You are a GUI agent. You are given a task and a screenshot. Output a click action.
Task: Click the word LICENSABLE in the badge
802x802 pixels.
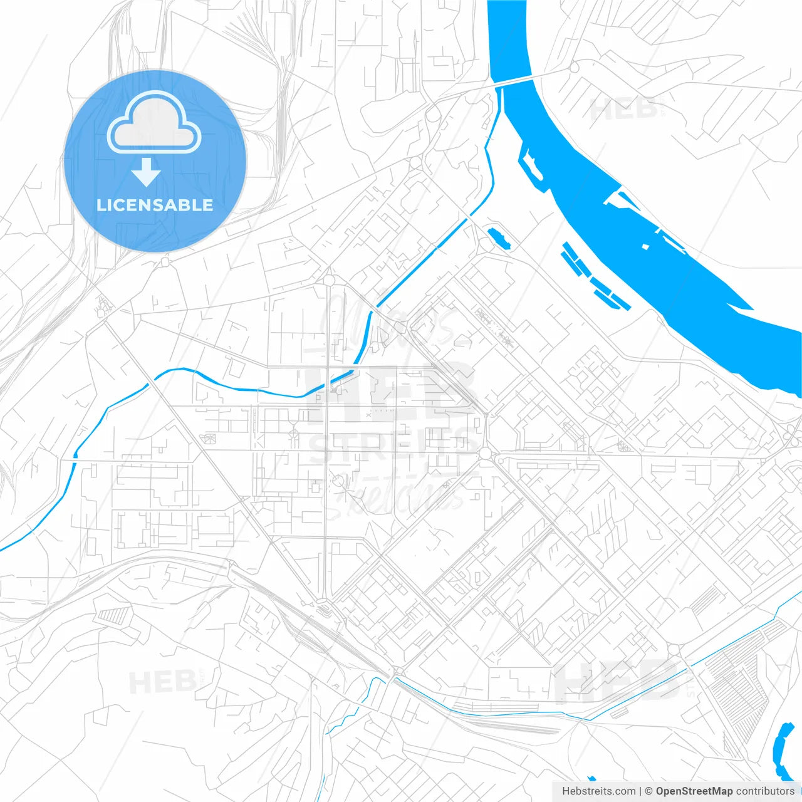pyautogui.click(x=155, y=205)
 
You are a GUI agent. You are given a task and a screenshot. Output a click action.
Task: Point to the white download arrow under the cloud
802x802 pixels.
pyautogui.click(x=147, y=172)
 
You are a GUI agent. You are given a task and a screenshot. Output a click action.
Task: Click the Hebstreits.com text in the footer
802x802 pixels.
pyautogui.click(x=598, y=791)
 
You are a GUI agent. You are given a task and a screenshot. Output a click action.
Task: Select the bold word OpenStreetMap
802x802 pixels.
pyautogui.click(x=694, y=791)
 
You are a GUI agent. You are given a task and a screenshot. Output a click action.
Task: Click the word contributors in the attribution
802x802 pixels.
pyautogui.click(x=765, y=791)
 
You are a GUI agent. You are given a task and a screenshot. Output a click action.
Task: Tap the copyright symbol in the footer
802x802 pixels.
pyautogui.click(x=648, y=791)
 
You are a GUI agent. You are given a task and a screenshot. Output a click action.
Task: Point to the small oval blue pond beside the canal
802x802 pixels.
pyautogui.click(x=499, y=237)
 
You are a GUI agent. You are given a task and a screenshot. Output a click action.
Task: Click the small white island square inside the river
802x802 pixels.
pyautogui.click(x=646, y=246)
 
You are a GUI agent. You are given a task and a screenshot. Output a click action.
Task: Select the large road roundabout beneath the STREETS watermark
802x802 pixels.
pyautogui.click(x=485, y=452)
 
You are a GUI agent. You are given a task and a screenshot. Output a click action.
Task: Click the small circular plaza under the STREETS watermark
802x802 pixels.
pyautogui.click(x=339, y=481)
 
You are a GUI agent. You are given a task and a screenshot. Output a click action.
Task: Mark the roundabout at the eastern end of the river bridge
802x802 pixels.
pyautogui.click(x=573, y=67)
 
